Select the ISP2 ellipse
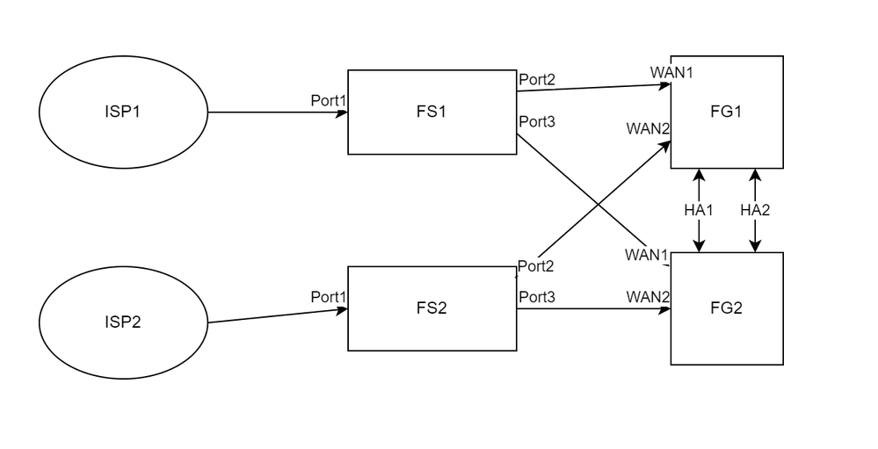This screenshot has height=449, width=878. click(x=123, y=322)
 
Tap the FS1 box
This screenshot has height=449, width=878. click(x=432, y=112)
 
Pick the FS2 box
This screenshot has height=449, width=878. click(x=432, y=309)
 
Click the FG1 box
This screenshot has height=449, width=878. click(x=727, y=112)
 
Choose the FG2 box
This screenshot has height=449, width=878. click(x=727, y=308)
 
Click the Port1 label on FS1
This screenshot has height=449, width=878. click(x=329, y=101)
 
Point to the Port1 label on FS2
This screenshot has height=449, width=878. click(x=329, y=298)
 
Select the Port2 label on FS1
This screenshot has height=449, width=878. click(x=536, y=79)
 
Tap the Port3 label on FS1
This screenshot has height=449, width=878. click(x=536, y=121)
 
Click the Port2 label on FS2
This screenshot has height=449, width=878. click(x=536, y=265)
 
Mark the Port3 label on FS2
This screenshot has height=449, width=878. click(x=536, y=297)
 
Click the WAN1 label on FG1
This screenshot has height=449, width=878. click(x=671, y=71)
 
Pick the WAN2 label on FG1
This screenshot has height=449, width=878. click(x=649, y=129)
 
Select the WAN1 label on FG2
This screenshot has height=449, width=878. click(x=647, y=255)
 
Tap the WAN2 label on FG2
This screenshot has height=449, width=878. click(x=649, y=297)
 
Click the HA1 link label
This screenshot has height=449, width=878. click(x=700, y=210)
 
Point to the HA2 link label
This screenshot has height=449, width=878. click(x=755, y=210)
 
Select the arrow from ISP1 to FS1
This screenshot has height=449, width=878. click(x=277, y=112)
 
